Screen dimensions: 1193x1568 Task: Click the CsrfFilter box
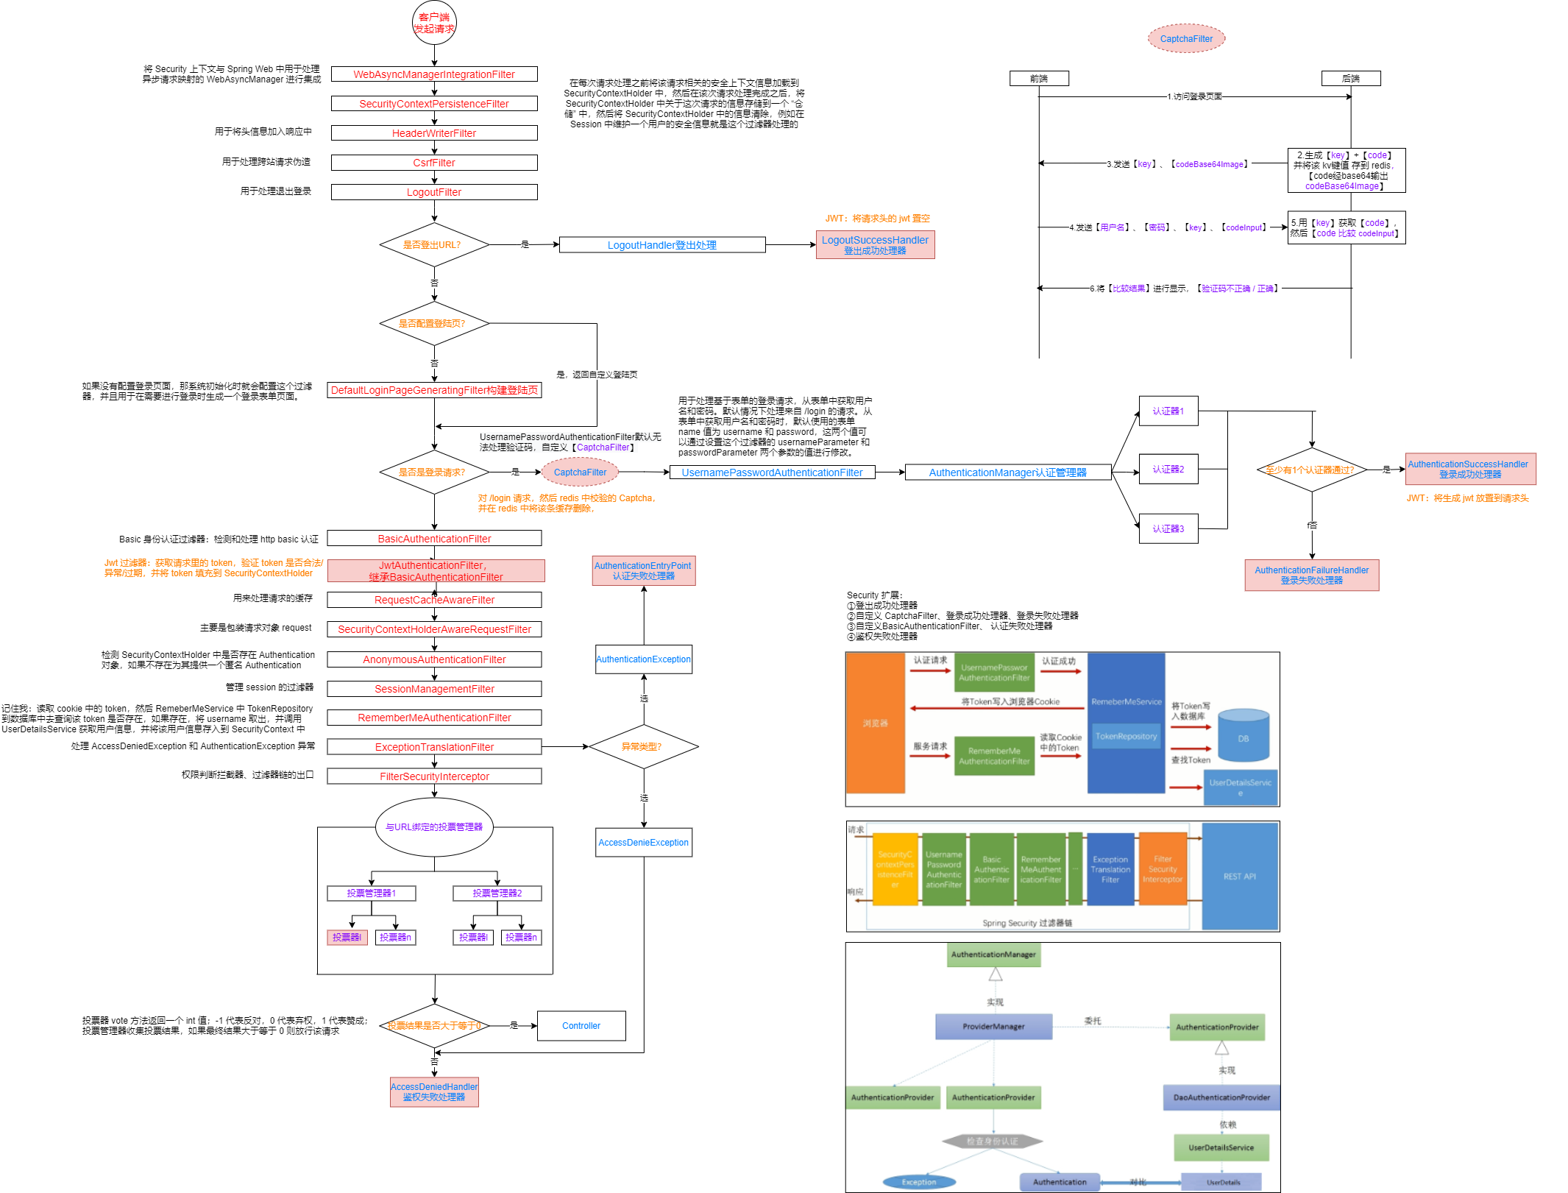pyautogui.click(x=434, y=163)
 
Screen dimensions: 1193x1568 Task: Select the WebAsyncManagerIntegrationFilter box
pyautogui.click(x=434, y=74)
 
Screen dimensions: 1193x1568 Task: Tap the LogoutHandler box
pyautogui.click(x=662, y=245)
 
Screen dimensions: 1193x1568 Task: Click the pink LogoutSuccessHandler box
pyautogui.click(x=875, y=245)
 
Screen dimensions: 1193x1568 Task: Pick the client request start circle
pyautogui.click(x=434, y=23)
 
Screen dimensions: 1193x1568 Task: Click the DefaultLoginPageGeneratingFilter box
pyautogui.click(x=434, y=390)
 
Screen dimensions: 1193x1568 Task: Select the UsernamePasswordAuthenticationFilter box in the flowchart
pyautogui.click(x=772, y=472)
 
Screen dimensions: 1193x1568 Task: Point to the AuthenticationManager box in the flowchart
pyautogui.click(x=1007, y=472)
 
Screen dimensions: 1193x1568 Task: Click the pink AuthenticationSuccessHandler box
pyautogui.click(x=1469, y=469)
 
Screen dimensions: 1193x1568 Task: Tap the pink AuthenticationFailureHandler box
pyautogui.click(x=1311, y=575)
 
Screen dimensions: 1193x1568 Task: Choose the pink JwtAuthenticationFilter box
pyautogui.click(x=436, y=571)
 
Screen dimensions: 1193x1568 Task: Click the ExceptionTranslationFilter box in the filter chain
pyautogui.click(x=434, y=747)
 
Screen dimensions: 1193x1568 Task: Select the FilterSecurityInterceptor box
pyautogui.click(x=434, y=776)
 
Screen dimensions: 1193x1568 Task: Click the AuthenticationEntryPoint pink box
pyautogui.click(x=643, y=571)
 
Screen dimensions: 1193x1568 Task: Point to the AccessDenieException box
pyautogui.click(x=643, y=843)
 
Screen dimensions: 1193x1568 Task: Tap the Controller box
pyautogui.click(x=581, y=1026)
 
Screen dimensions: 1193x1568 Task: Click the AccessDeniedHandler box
pyautogui.click(x=434, y=1092)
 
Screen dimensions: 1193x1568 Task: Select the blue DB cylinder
pyautogui.click(x=1244, y=735)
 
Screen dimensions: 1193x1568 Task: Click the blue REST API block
pyautogui.click(x=1240, y=877)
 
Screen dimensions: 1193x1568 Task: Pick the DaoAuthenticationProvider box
pyautogui.click(x=1221, y=1097)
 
